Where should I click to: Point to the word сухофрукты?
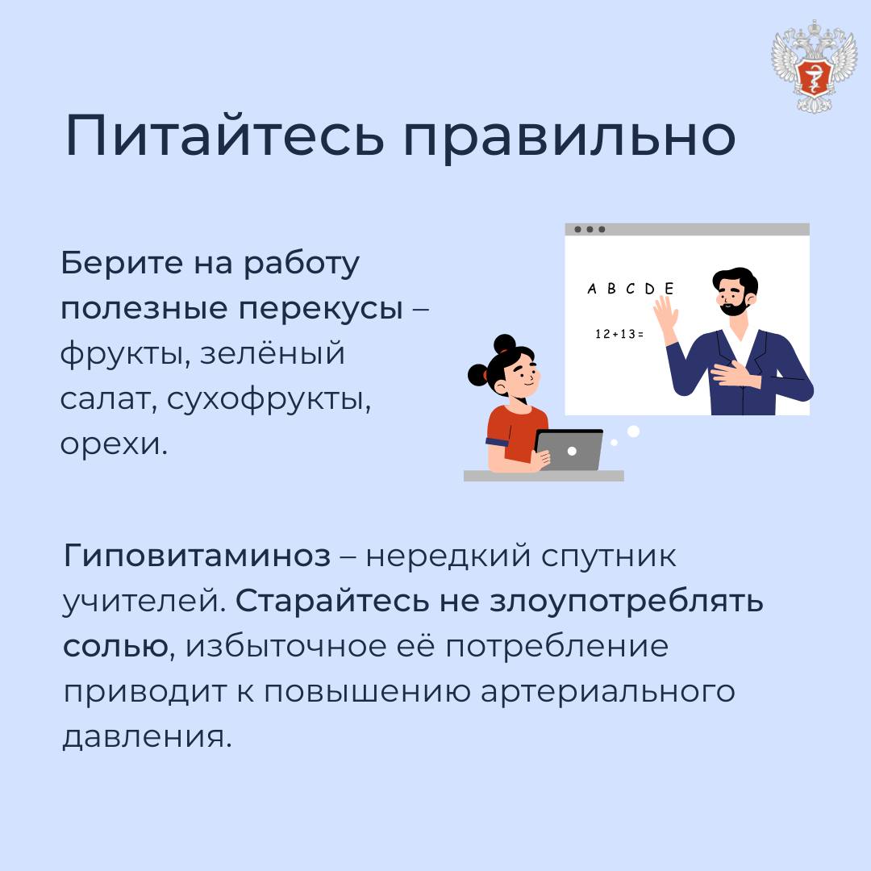pos(269,399)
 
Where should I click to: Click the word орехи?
pos(114,444)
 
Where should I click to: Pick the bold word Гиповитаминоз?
pos(198,556)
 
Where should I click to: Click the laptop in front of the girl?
pos(569,451)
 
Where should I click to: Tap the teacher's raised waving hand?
pos(665,315)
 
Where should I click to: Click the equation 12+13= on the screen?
pos(619,334)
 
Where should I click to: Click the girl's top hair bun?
pos(504,344)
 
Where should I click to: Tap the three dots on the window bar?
pos(590,229)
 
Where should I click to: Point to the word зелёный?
pos(273,354)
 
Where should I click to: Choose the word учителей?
pos(144,602)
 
